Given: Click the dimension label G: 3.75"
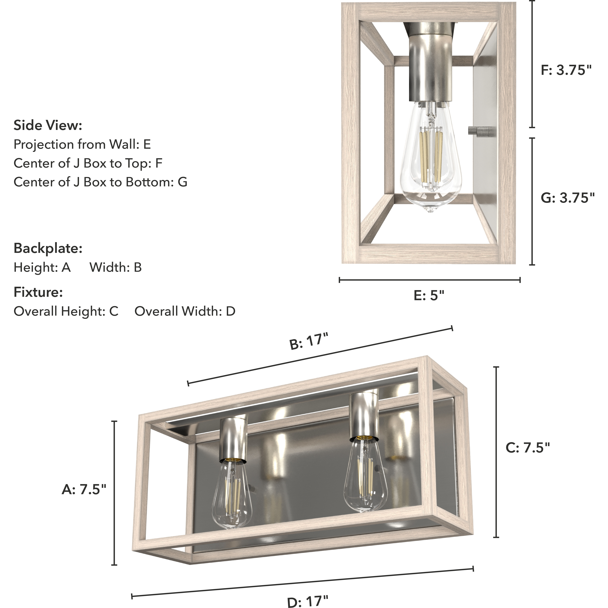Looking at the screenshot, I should (x=567, y=198).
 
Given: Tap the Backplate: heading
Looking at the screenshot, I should (x=48, y=248).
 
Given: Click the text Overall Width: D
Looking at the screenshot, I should (x=185, y=311).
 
